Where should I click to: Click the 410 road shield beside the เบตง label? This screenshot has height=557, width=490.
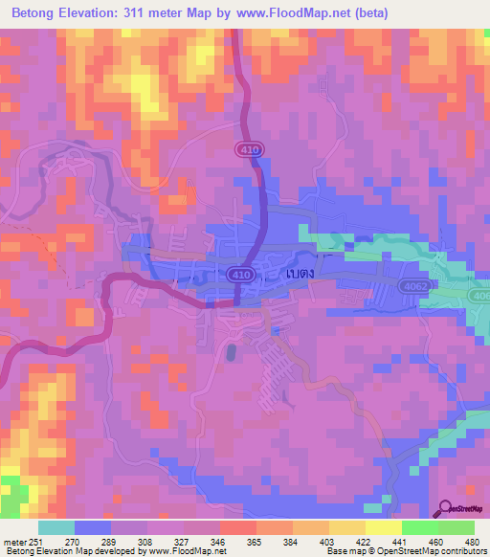[240, 274]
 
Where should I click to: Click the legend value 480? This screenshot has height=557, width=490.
[472, 540]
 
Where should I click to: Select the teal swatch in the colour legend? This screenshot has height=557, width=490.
[56, 527]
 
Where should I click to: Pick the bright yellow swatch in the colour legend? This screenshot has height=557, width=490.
[384, 527]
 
